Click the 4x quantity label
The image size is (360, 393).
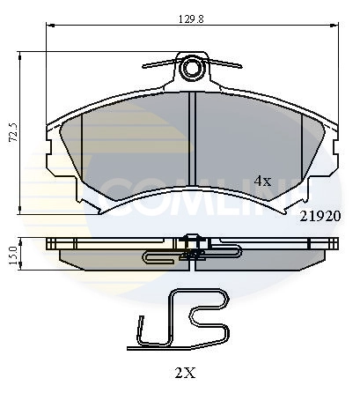pos(262,180)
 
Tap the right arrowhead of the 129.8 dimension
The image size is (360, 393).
pos(338,27)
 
